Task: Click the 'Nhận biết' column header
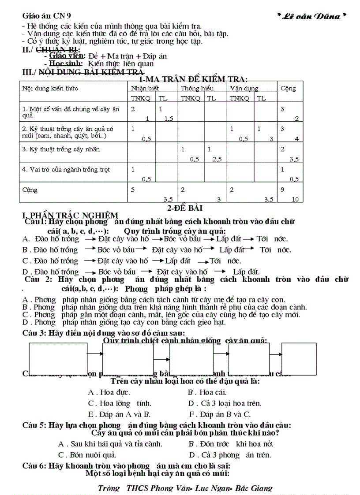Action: tap(142, 89)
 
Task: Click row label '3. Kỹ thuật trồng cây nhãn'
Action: tap(61, 149)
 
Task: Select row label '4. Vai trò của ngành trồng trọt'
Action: tap(66, 170)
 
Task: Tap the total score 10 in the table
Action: tap(295, 200)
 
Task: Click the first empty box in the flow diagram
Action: tap(58, 359)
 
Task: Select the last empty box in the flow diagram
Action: tap(299, 359)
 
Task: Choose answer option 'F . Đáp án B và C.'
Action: tap(220, 414)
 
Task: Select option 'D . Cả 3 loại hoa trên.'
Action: tap(225, 403)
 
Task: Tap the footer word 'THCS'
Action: tap(137, 488)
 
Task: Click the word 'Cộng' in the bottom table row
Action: tap(30, 190)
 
